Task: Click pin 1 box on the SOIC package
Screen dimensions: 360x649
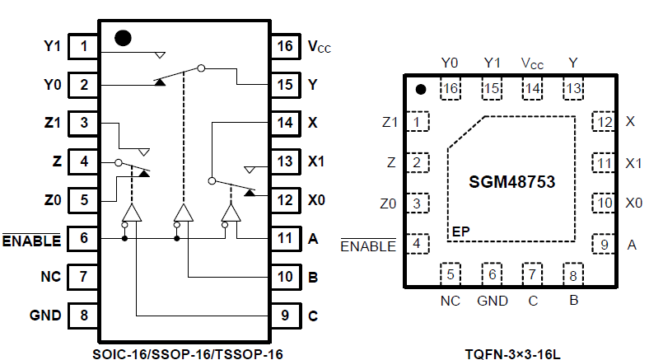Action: click(84, 46)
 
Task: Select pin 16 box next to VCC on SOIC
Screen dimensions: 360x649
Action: click(285, 46)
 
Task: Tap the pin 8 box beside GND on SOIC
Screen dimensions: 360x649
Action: click(84, 315)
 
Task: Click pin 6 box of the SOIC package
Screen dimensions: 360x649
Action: click(84, 238)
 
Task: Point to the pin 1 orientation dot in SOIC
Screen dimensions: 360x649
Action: click(123, 38)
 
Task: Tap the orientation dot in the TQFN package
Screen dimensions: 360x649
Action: click(420, 90)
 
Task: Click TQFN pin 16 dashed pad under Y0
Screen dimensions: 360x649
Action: click(450, 89)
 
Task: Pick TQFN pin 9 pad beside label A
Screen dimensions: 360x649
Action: click(604, 244)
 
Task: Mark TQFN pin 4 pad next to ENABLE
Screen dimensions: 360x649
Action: click(420, 244)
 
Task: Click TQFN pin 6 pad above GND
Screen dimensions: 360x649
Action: click(491, 274)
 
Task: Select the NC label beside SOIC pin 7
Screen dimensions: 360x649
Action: click(51, 277)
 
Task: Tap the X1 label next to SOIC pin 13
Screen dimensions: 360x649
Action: click(316, 161)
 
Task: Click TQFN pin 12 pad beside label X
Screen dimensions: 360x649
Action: click(604, 123)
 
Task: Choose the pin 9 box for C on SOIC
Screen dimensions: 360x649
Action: click(285, 315)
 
